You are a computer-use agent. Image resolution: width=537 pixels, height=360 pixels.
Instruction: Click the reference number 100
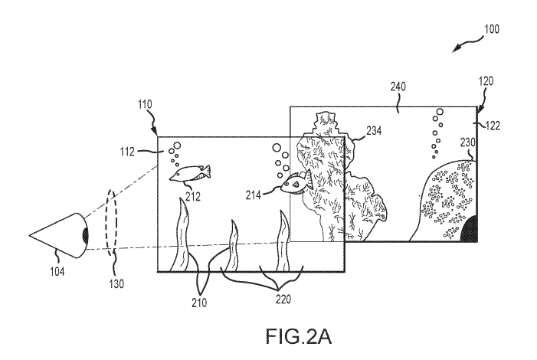(x=492, y=30)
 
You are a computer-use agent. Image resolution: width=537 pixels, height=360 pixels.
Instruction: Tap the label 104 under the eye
(x=57, y=269)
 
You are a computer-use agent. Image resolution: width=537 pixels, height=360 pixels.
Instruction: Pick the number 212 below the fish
(x=192, y=196)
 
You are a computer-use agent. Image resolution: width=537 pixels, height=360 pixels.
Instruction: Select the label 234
(x=374, y=131)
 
